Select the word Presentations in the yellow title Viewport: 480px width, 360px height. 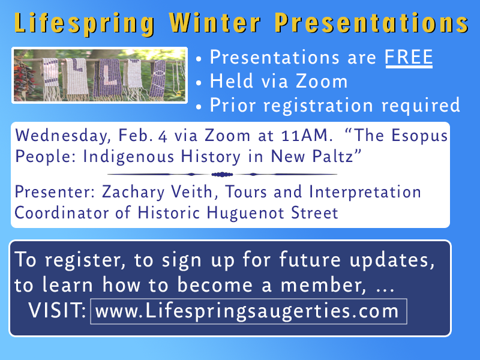point(371,23)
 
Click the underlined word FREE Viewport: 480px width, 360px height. point(409,58)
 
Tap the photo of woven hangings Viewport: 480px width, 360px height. point(100,75)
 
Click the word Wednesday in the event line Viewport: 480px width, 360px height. point(58,136)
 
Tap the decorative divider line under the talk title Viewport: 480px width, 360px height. point(223,174)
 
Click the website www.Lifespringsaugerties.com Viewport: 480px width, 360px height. point(247,311)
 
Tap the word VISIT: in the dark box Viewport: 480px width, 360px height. point(58,311)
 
